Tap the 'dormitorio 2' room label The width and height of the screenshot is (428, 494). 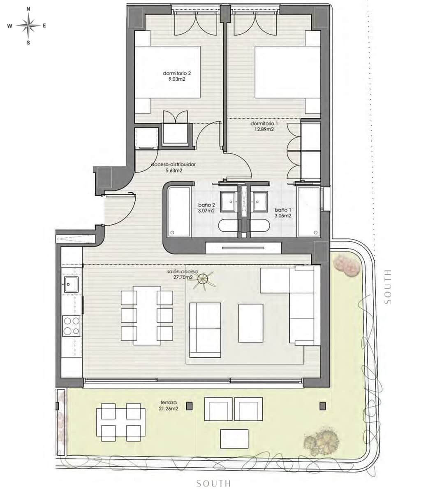coord(177,77)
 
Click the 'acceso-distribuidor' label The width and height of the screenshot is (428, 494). coord(173,167)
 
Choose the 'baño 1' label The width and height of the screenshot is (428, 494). coord(282,212)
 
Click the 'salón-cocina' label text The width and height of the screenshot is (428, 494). coord(183,275)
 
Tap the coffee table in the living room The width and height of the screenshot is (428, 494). coord(251,323)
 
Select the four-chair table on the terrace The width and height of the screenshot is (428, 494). coord(121,420)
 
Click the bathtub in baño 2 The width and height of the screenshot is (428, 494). coord(179,212)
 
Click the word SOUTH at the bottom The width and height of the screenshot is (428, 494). coord(213,483)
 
